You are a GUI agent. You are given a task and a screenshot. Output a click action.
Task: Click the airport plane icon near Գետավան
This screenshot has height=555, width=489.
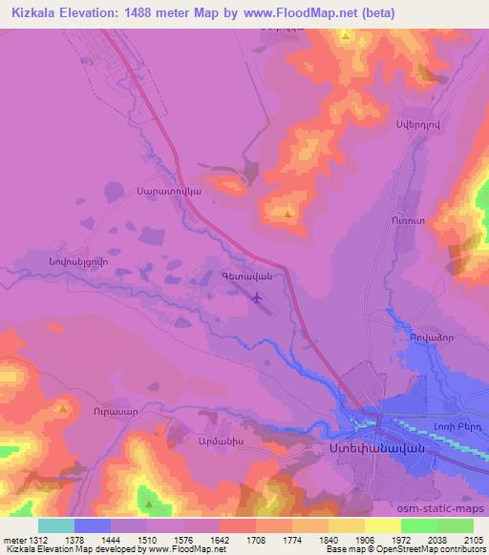click(x=256, y=298)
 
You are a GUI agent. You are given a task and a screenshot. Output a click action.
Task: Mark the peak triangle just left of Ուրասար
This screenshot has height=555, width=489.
click(x=63, y=409)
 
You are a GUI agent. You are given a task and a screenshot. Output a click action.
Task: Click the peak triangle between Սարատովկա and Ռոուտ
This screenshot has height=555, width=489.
click(x=288, y=214)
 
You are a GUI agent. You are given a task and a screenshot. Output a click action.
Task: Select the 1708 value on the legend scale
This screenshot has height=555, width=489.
click(x=256, y=540)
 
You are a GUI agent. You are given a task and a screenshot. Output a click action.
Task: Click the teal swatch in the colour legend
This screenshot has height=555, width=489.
click(x=56, y=525)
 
